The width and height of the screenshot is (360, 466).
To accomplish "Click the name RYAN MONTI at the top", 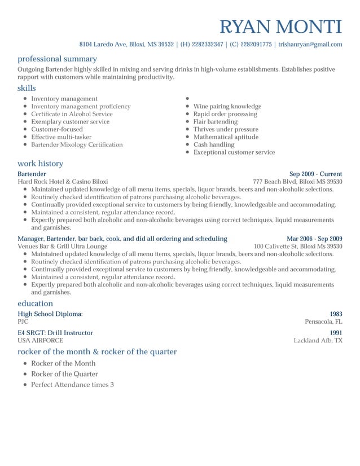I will [x=280, y=27].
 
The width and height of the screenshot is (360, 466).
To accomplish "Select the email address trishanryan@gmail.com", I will [x=310, y=44].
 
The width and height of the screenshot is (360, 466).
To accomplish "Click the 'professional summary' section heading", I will [x=57, y=59].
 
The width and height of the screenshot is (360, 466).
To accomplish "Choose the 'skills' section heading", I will [x=27, y=88].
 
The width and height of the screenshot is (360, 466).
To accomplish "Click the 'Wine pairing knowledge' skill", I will [x=227, y=106].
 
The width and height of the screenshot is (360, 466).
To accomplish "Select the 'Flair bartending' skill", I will [x=215, y=121].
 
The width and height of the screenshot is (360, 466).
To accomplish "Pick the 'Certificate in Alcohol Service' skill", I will [x=72, y=114].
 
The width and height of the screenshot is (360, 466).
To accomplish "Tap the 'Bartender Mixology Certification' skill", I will [x=77, y=144].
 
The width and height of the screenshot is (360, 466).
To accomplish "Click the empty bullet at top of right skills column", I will [x=187, y=99].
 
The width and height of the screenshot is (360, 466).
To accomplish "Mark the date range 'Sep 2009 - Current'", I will [x=315, y=174].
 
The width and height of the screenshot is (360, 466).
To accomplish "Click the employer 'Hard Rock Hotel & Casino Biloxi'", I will [x=63, y=182].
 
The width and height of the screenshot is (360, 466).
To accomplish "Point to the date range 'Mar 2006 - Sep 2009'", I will [x=314, y=239].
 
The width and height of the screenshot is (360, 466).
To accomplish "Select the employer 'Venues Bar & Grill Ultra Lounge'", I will [x=62, y=247].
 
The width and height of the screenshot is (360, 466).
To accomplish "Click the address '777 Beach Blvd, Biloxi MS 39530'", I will [x=297, y=182].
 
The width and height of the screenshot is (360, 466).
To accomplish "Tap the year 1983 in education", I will [x=336, y=314].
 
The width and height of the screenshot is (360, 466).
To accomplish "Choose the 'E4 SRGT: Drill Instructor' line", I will [x=55, y=333].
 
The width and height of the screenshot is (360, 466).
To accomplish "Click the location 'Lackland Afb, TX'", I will [x=318, y=341].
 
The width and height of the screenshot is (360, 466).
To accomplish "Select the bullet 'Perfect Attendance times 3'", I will [x=72, y=385].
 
